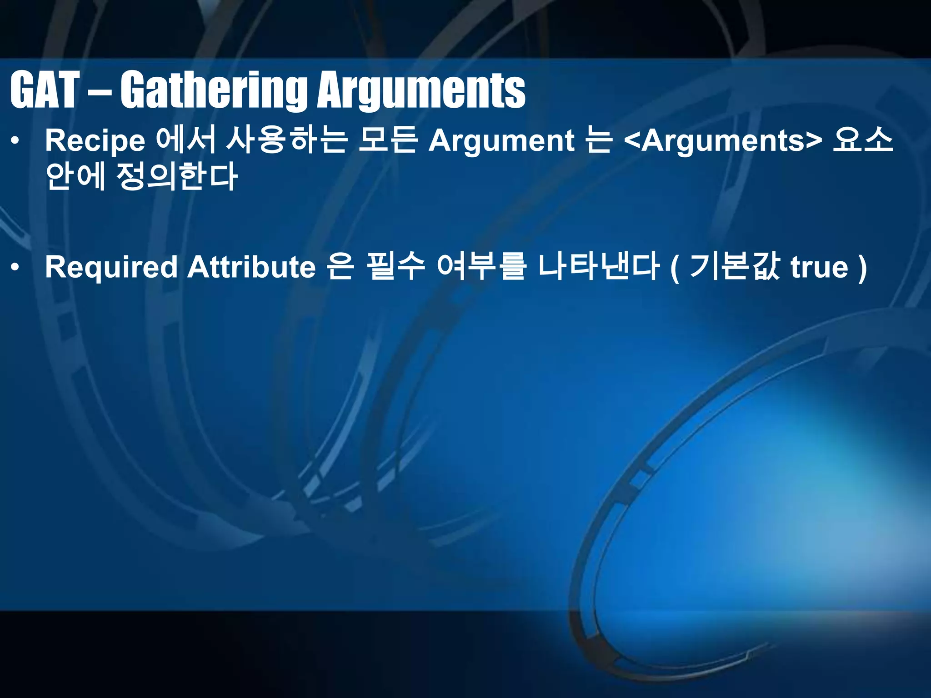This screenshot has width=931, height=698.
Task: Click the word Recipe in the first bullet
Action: pos(95,141)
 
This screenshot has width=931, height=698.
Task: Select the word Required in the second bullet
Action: pos(111,267)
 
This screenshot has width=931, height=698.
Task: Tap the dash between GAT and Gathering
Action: pos(99,91)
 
